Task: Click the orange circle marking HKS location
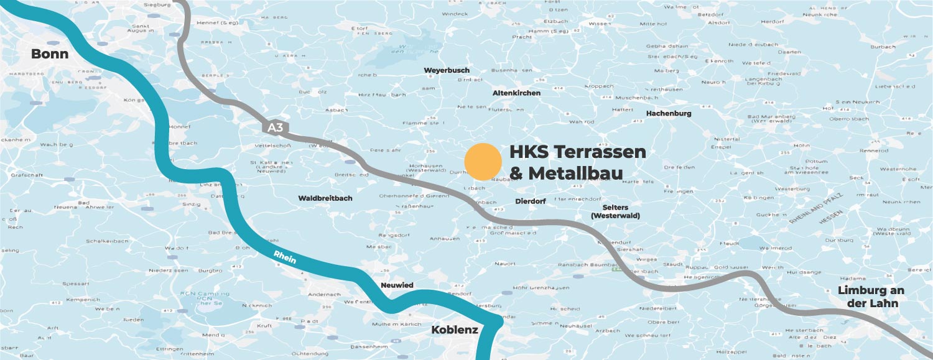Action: [483, 162]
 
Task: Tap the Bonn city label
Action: [50, 54]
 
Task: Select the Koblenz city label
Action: [455, 330]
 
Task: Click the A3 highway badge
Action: [275, 127]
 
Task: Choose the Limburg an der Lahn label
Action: [871, 297]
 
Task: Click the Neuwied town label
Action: [397, 285]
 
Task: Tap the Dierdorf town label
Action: [530, 201]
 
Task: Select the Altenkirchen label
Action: [516, 93]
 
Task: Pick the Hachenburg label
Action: [669, 113]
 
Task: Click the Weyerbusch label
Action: [447, 70]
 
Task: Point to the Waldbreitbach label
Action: [325, 198]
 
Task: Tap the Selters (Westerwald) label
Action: [615, 211]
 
